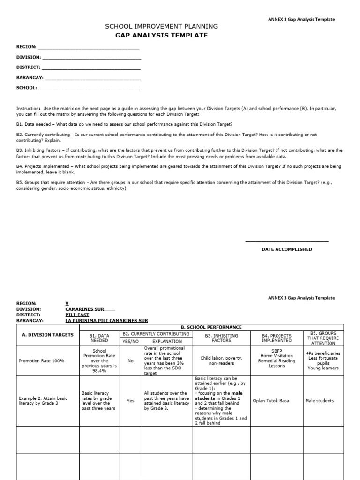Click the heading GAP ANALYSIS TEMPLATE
(161, 35)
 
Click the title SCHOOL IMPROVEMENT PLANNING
(161, 26)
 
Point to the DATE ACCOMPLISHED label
(286, 249)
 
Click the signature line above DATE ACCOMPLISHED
(286, 241)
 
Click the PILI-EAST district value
(77, 315)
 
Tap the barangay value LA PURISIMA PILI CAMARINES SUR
(106, 321)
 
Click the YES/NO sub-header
(130, 341)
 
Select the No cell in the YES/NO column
(130, 361)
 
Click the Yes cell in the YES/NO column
(130, 401)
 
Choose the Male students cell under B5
(319, 401)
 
